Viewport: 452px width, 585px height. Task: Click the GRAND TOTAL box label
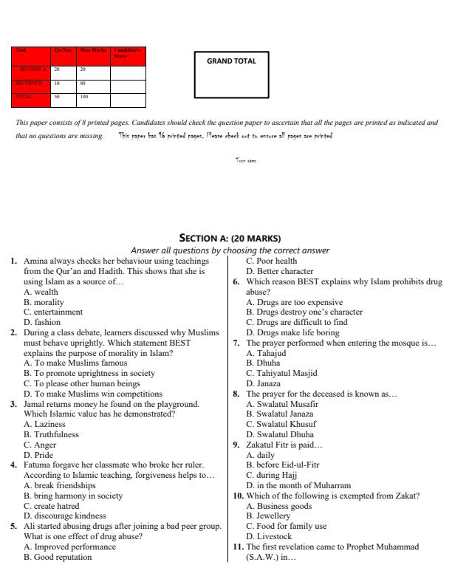click(x=235, y=61)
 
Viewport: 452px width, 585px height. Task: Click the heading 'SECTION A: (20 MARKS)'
click(x=230, y=238)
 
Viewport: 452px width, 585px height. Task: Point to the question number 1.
click(x=14, y=261)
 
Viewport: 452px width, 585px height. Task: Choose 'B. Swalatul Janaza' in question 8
click(x=282, y=414)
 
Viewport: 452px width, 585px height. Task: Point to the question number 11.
click(x=239, y=547)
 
